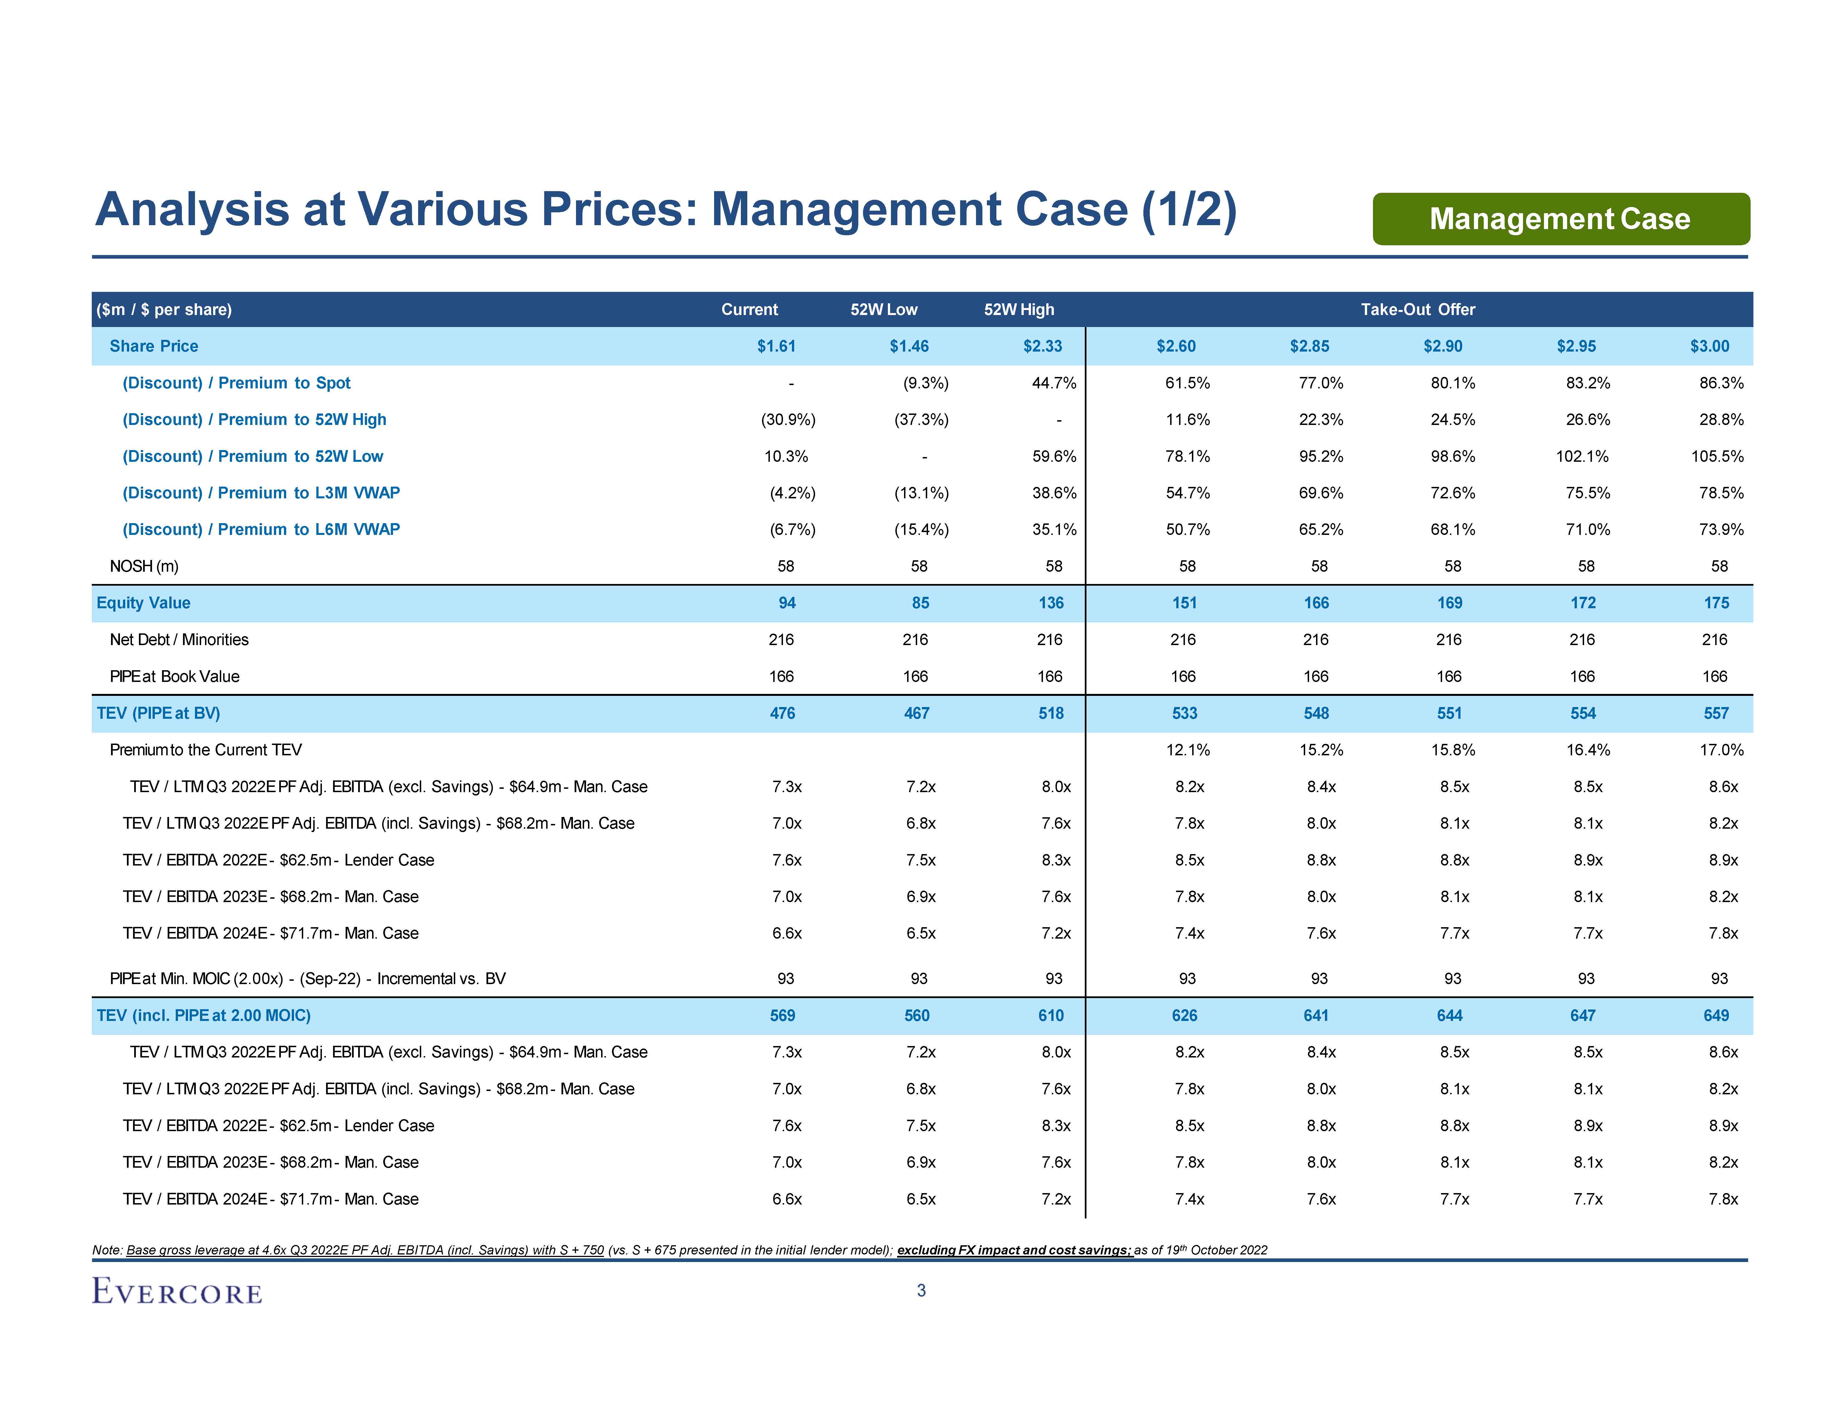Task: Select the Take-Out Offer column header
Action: [x=1418, y=309]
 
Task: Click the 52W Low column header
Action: [x=883, y=309]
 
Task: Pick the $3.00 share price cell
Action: [x=1710, y=347]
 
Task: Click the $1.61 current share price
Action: [x=776, y=347]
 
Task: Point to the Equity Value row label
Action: [x=143, y=603]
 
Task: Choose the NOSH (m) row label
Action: [x=144, y=566]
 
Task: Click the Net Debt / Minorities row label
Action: [x=179, y=640]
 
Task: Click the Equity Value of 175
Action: [x=1716, y=603]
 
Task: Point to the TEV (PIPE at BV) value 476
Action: [x=782, y=713]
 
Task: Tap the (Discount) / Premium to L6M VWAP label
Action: [x=261, y=529]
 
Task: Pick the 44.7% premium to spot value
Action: [x=1054, y=383]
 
